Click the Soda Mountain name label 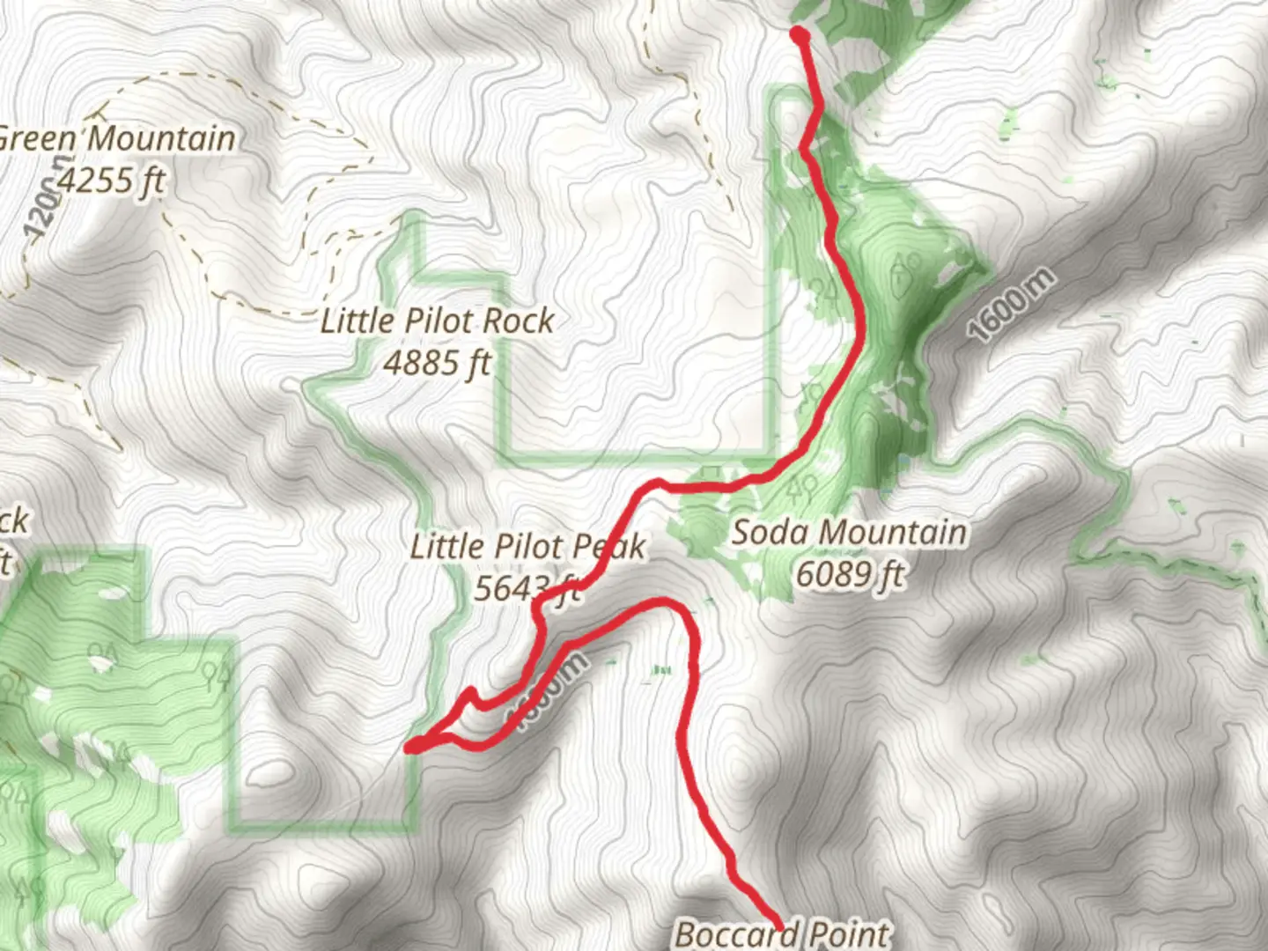(849, 533)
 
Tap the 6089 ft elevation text (849, 574)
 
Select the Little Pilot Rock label (437, 321)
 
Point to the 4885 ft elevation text (437, 362)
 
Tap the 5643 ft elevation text (527, 588)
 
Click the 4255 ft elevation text (111, 181)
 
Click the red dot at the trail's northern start (800, 35)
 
